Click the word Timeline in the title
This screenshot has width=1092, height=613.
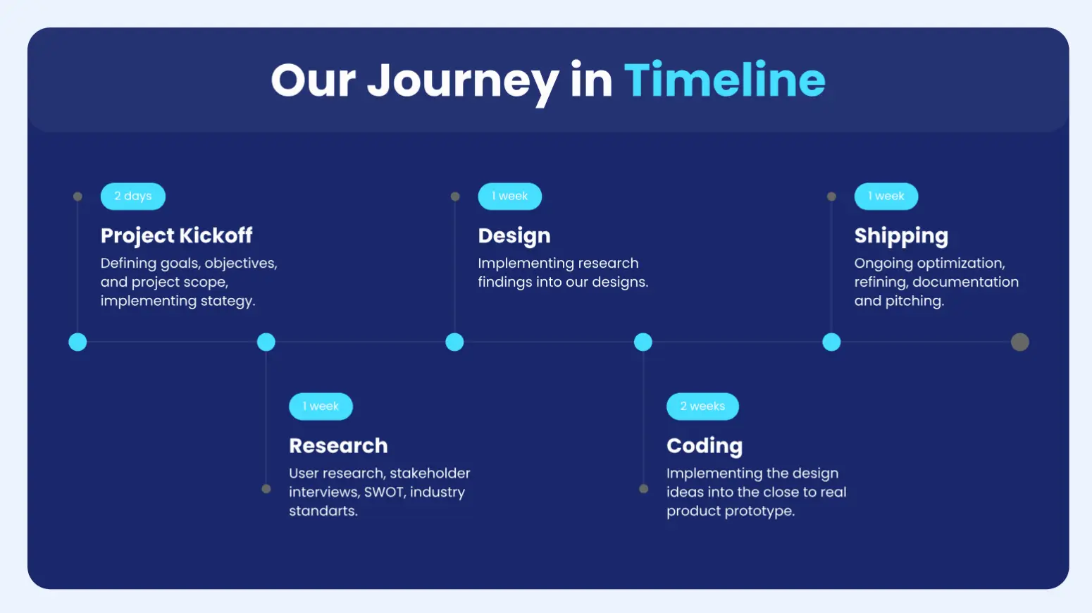(724, 80)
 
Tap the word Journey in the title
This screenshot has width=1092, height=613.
(463, 81)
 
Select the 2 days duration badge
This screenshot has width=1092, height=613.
(133, 197)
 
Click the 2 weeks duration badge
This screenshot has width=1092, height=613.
(702, 407)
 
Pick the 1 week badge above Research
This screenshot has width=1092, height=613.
(321, 407)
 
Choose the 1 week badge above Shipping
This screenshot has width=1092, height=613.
(886, 197)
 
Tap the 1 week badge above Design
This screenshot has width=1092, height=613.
(509, 197)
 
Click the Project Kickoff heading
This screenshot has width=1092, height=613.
(176, 235)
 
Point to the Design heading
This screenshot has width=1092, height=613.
(514, 235)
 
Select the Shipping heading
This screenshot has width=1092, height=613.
(901, 235)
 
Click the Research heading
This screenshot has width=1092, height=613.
(338, 445)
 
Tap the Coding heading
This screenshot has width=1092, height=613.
(705, 445)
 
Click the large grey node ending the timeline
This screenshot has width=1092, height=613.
(1019, 342)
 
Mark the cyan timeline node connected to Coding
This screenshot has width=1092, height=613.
(643, 342)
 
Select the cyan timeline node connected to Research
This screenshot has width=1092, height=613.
(266, 342)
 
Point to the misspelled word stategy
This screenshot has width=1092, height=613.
(227, 301)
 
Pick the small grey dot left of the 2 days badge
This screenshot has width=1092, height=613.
(77, 197)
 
